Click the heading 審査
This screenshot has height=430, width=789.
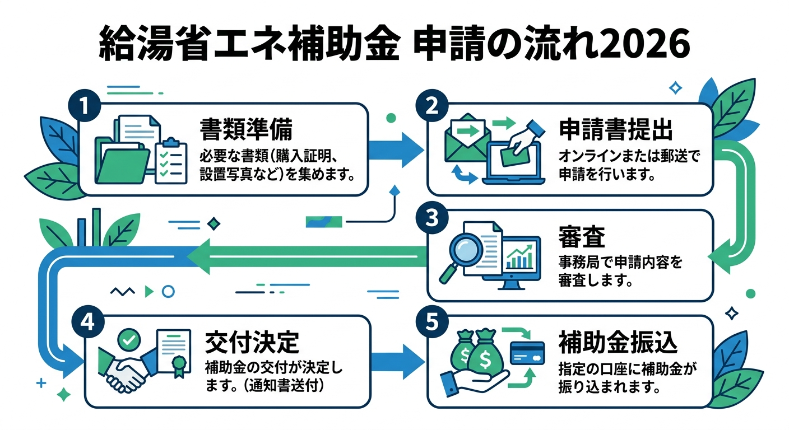pyautogui.click(x=581, y=237)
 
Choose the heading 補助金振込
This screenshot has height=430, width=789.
pyautogui.click(x=618, y=342)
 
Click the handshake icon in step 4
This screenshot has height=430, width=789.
pyautogui.click(x=124, y=370)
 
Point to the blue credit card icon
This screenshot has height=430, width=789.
pyautogui.click(x=527, y=353)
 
